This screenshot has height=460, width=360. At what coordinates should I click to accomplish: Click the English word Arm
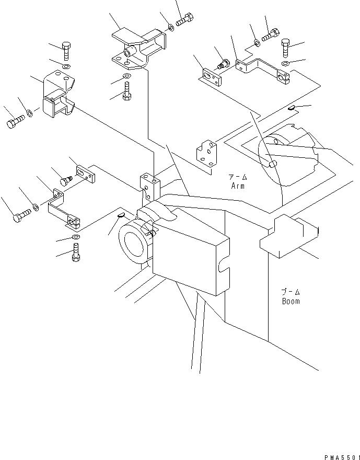pos(237,186)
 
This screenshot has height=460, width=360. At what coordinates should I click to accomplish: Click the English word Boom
pos(291,301)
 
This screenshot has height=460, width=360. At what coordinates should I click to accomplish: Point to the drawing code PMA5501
pos(339,456)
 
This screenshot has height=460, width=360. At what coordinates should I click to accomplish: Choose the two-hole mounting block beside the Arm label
pos(207,155)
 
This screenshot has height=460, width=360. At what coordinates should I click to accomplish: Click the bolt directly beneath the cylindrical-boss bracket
pos(126,94)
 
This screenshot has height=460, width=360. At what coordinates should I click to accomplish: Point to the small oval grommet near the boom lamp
pos(119,214)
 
